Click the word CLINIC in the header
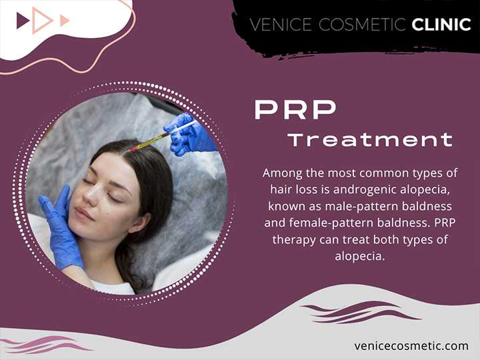coord(441,25)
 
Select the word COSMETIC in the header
coord(362,25)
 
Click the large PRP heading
coord(295,109)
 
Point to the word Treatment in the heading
coord(370,139)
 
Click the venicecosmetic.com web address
coord(411,346)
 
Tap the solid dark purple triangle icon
coord(23,21)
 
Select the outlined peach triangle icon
coord(42,20)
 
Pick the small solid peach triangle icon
coord(65,20)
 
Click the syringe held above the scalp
coord(163,135)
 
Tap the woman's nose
coord(89,196)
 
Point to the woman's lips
coord(83,213)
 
